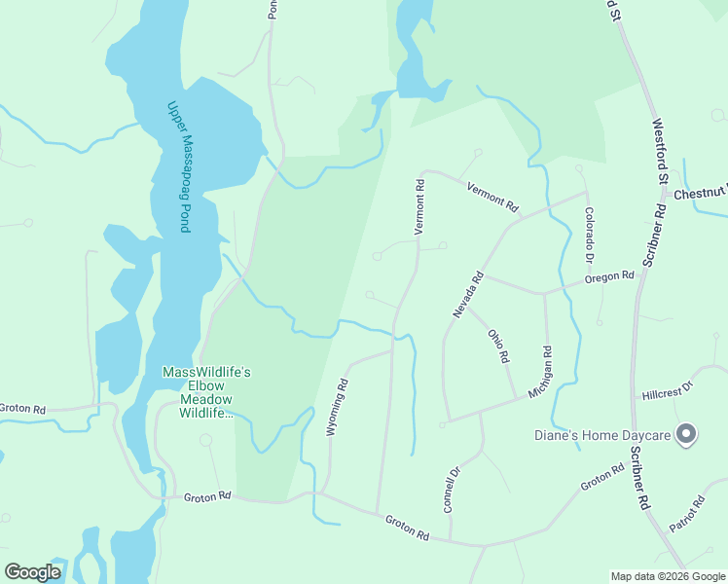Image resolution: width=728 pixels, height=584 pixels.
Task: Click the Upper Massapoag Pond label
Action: (176, 166)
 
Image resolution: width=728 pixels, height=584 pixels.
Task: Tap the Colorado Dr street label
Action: (589, 235)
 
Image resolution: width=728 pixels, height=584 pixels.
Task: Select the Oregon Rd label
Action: (609, 277)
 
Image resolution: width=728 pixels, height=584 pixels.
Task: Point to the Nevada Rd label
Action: (467, 293)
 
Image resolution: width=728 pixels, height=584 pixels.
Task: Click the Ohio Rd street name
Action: (498, 346)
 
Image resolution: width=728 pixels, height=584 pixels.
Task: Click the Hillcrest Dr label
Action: (667, 391)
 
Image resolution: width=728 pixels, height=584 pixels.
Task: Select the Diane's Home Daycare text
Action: (603, 435)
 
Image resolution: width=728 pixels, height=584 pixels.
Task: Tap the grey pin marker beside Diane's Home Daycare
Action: (686, 434)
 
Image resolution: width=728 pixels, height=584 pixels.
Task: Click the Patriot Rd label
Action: (686, 516)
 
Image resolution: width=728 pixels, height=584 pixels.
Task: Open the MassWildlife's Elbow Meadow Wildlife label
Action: (206, 392)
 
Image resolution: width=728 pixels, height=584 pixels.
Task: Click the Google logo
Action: (32, 572)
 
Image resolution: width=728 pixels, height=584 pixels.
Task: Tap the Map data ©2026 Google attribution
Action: (668, 576)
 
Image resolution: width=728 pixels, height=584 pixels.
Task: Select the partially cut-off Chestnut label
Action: (700, 194)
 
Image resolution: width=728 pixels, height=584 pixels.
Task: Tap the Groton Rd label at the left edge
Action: (22, 409)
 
